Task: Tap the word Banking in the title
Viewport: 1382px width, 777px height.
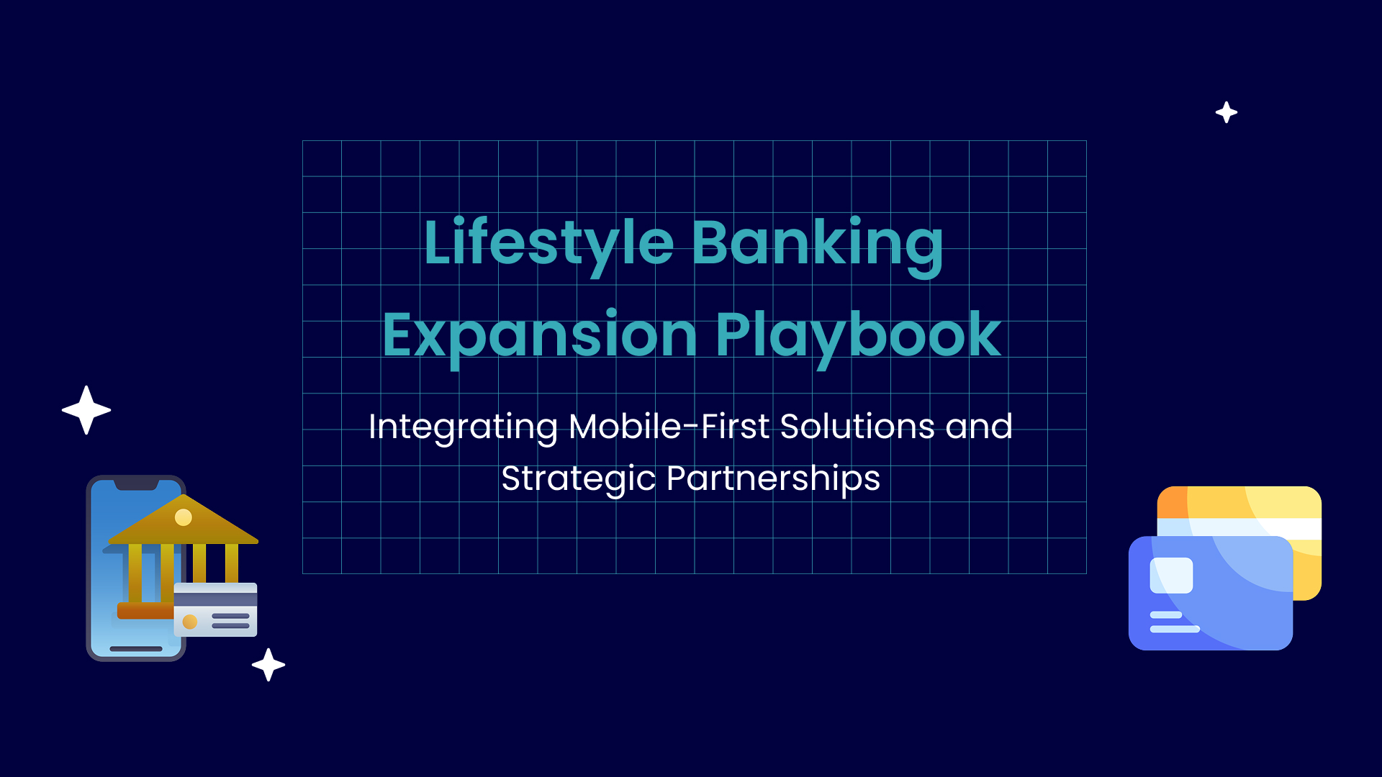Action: (x=817, y=245)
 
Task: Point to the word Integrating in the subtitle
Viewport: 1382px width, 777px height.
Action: (x=463, y=427)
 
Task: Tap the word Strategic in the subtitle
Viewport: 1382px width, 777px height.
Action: (x=579, y=479)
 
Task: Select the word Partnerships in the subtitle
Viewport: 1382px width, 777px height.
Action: (x=774, y=479)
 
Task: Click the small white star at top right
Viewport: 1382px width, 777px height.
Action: (x=1227, y=112)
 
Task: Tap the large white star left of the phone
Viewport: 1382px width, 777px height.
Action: (x=86, y=410)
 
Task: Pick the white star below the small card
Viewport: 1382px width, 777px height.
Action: (x=268, y=665)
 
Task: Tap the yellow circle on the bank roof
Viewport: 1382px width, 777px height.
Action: (x=184, y=517)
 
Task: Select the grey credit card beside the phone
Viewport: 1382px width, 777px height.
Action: (x=215, y=609)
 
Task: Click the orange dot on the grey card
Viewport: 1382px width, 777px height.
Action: (x=190, y=622)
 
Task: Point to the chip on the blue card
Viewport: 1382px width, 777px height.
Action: (x=1171, y=576)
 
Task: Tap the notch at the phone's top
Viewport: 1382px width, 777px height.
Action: (x=136, y=484)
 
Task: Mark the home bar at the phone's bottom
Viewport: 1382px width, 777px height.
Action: (x=136, y=649)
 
